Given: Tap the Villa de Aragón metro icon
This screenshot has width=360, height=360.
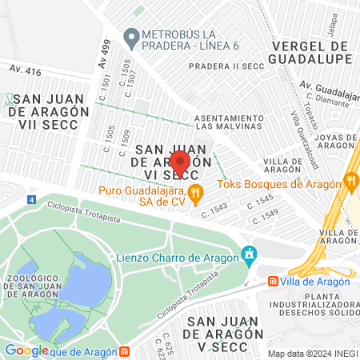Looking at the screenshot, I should (274, 281).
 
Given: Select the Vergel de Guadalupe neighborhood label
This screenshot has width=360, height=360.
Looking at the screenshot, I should (311, 53).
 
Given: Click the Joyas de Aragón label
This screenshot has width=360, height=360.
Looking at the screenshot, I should (334, 141).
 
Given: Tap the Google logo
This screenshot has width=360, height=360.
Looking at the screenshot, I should (26, 350).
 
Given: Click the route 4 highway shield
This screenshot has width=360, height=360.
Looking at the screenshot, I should (30, 199).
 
